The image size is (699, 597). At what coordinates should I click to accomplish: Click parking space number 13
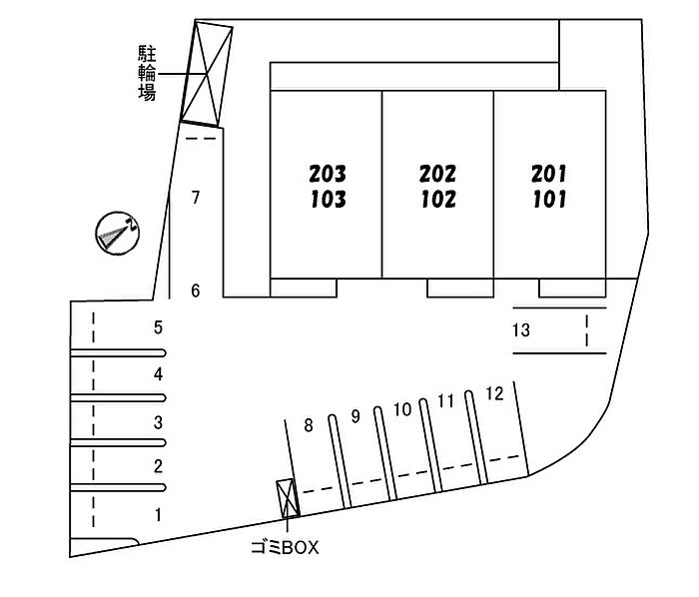click(x=520, y=330)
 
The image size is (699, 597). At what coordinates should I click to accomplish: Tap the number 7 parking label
click(x=197, y=198)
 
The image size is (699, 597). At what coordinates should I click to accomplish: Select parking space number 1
click(x=157, y=515)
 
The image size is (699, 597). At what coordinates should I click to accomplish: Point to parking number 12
click(x=493, y=393)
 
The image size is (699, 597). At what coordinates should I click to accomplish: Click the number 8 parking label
click(x=309, y=425)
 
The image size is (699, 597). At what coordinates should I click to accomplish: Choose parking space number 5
click(x=158, y=326)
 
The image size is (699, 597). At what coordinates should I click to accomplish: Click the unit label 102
click(x=437, y=199)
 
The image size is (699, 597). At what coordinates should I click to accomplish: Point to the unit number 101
click(x=549, y=199)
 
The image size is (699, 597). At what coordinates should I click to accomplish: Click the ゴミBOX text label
click(x=287, y=548)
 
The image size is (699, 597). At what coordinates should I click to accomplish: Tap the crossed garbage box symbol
click(x=286, y=496)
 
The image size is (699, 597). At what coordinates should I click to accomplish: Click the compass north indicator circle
click(x=116, y=235)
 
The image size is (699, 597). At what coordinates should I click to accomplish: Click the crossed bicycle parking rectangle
click(x=207, y=72)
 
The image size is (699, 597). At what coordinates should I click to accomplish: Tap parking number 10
click(x=402, y=408)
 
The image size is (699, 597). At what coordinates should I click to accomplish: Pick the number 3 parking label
click(x=158, y=421)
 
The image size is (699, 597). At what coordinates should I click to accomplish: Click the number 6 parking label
click(x=196, y=291)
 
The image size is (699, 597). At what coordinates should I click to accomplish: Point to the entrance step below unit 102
click(x=459, y=289)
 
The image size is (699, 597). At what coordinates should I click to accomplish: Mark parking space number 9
click(x=354, y=416)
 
